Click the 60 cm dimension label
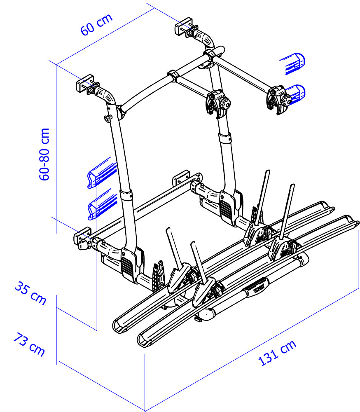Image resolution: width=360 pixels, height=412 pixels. tap(96, 24)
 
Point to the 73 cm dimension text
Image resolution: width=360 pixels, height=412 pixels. tap(29, 344)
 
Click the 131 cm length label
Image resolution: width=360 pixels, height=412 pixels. tap(277, 353)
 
